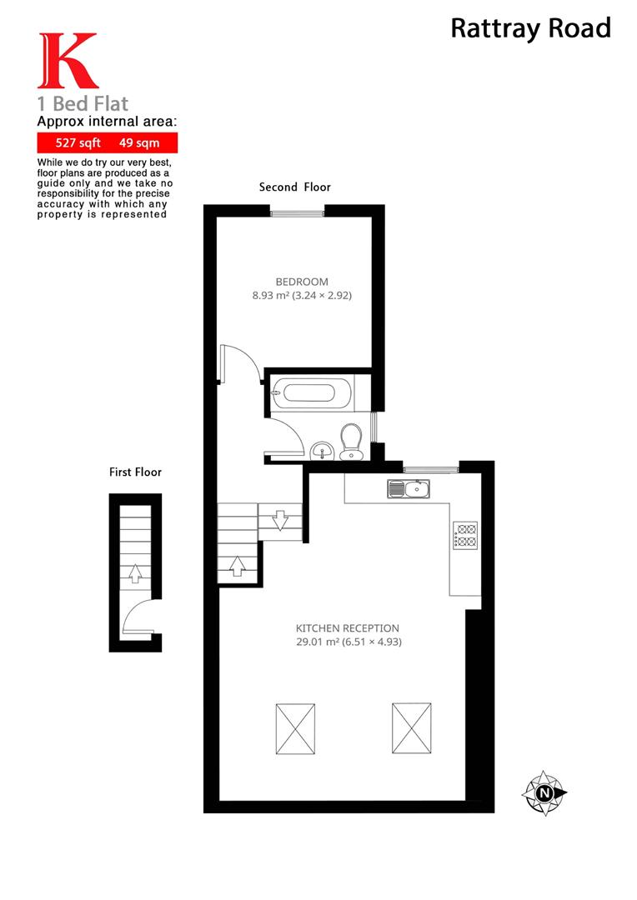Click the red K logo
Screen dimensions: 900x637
point(67,62)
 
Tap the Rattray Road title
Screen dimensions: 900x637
point(530,28)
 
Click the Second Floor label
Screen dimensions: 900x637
point(294,187)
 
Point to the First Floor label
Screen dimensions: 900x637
point(135,472)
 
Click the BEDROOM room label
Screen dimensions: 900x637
point(302,282)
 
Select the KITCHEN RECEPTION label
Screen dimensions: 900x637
point(348,627)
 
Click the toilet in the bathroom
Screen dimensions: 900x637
point(352,440)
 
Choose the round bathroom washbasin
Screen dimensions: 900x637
point(321,452)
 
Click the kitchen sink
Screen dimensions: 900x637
point(409,489)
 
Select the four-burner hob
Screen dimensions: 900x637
point(464,535)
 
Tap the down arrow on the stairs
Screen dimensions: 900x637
point(279,520)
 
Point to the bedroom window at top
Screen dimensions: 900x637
point(297,213)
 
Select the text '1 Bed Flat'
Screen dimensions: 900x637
point(83,104)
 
